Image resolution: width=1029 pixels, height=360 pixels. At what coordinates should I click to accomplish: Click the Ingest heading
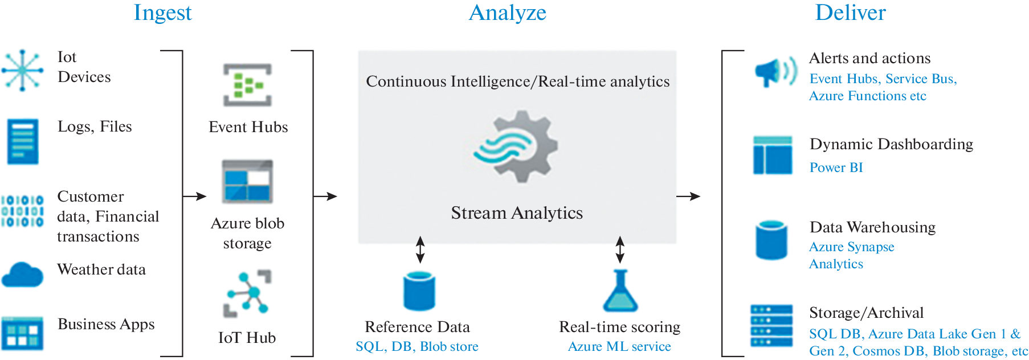click(162, 13)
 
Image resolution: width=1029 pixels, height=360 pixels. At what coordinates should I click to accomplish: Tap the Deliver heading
click(850, 13)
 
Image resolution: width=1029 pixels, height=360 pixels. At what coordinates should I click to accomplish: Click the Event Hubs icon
click(247, 85)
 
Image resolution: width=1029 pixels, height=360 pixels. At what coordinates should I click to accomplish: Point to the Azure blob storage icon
click(247, 182)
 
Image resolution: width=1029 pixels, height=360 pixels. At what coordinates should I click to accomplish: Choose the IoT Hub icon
click(247, 293)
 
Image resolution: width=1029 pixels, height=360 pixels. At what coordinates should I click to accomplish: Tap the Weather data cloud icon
click(22, 275)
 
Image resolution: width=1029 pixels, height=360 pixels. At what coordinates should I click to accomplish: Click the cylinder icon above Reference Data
click(419, 291)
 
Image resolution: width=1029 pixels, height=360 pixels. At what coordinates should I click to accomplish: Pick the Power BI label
click(836, 167)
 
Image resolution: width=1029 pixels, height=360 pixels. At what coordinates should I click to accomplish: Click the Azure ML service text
click(619, 346)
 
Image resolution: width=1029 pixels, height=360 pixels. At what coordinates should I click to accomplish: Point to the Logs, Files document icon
click(23, 141)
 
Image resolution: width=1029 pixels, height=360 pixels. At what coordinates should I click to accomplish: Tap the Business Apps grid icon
click(22, 333)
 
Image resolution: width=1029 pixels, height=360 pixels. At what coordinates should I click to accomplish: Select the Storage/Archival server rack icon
click(771, 326)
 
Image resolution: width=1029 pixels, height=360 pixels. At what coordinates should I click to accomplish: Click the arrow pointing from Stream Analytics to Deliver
click(688, 197)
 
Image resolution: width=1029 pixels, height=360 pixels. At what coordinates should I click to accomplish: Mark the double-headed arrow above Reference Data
click(420, 249)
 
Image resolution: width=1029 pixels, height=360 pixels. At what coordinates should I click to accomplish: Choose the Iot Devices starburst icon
click(22, 70)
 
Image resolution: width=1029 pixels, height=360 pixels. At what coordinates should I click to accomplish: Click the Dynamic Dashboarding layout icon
click(772, 155)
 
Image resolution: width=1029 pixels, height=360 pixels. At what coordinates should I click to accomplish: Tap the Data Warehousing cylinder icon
click(771, 240)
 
